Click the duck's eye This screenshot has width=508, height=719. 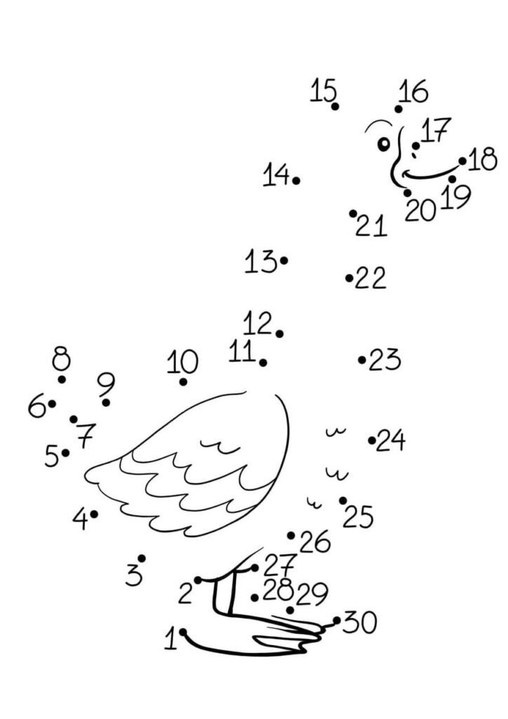(384, 144)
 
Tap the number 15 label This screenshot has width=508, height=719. (323, 91)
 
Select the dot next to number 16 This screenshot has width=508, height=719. (399, 109)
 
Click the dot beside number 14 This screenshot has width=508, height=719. (296, 180)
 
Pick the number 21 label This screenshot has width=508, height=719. (372, 226)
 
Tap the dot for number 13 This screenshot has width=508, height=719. (283, 260)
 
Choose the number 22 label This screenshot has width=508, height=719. (370, 279)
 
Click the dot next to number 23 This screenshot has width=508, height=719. (362, 360)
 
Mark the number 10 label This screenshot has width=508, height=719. (182, 362)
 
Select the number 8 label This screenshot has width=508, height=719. (62, 359)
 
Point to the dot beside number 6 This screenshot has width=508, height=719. (52, 404)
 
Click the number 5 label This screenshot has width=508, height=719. (52, 456)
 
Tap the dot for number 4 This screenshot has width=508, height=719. (94, 514)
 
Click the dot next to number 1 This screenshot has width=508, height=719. (182, 632)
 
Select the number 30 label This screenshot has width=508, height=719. (360, 622)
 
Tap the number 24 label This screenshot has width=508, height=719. (391, 441)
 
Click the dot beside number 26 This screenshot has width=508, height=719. (290, 535)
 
